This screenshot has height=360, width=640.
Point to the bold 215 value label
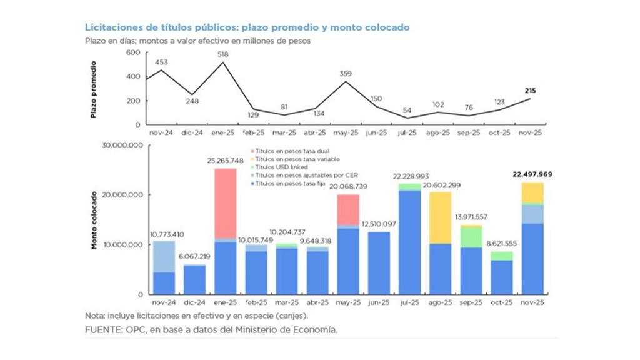531,91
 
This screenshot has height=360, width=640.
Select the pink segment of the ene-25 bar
225,203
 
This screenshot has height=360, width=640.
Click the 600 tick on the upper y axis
132,52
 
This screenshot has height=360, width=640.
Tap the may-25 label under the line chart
347,132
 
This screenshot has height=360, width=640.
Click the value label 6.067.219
194,257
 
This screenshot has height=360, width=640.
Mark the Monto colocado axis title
94,220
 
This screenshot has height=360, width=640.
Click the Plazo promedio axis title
94,89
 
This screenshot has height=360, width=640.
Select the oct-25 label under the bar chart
501,302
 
